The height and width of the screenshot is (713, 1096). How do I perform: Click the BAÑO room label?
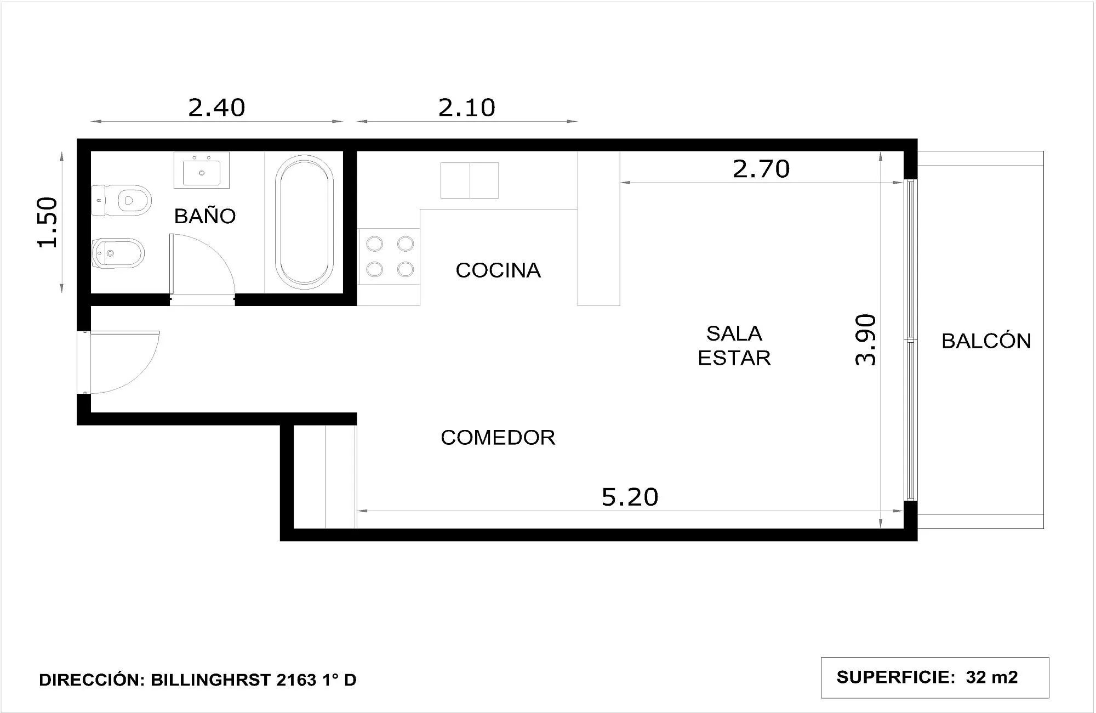click(x=205, y=216)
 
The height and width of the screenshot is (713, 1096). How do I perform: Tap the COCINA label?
click(x=498, y=270)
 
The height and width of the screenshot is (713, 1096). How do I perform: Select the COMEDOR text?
click(x=498, y=437)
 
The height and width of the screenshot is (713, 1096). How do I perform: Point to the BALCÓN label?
click(x=986, y=341)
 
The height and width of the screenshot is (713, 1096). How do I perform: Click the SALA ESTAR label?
click(x=734, y=346)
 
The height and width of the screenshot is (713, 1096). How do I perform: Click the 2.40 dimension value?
click(x=216, y=107)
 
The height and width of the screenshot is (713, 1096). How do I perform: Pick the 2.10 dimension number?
click(x=467, y=107)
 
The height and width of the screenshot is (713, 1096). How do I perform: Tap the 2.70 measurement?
click(x=761, y=169)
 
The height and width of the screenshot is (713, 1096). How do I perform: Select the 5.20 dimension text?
click(x=630, y=497)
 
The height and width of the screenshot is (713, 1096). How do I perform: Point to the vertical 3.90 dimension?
click(x=866, y=339)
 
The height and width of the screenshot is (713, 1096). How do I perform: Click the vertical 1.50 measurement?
click(x=48, y=222)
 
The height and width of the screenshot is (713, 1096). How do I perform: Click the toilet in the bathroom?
click(x=121, y=200)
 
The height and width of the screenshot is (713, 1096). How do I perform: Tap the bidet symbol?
click(x=118, y=253)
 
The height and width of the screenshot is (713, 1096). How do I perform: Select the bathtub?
click(x=305, y=222)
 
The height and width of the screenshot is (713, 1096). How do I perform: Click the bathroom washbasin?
click(x=202, y=170)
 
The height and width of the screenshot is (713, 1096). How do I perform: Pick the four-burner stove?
click(x=389, y=257)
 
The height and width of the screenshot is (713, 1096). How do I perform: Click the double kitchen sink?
click(x=470, y=180)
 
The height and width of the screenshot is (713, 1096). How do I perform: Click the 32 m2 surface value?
click(x=992, y=677)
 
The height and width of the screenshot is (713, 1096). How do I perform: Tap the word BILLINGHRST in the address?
click(x=211, y=680)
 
